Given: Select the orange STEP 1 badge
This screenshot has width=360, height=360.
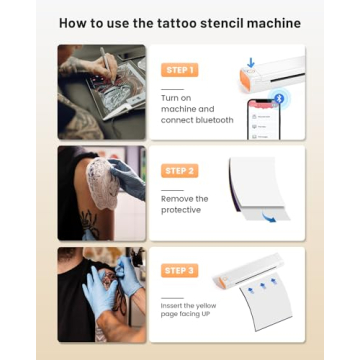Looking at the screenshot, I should coord(179,70).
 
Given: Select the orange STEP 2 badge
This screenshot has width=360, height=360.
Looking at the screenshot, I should coord(179,171).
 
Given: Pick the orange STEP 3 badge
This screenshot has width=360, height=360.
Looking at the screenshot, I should coord(179,271).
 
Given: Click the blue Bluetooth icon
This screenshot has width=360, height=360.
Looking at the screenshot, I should coord(279,98).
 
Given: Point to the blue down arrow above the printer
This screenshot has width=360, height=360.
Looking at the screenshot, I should coord(251,62).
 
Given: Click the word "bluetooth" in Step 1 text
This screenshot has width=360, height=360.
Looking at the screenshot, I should coord(212,120).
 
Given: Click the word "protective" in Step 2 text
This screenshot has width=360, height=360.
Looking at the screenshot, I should coord(181,211).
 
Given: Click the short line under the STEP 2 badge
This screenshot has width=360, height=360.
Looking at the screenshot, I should coord(172,189).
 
